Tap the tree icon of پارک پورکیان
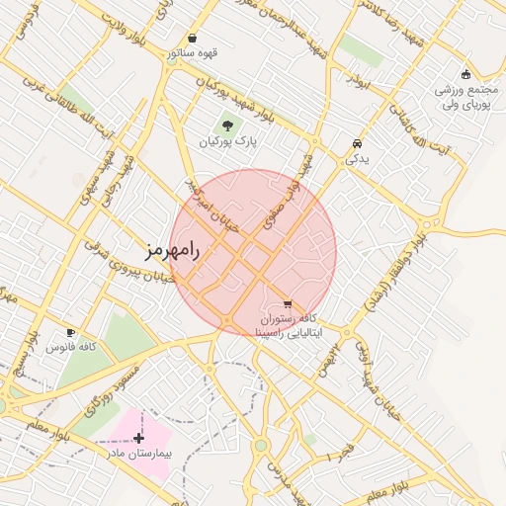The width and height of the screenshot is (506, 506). [229, 126]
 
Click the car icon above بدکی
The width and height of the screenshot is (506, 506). [356, 144]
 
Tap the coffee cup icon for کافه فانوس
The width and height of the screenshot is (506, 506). [70, 332]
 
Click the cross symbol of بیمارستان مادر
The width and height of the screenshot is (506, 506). [138, 438]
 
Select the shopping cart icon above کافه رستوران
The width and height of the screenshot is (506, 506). [288, 304]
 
